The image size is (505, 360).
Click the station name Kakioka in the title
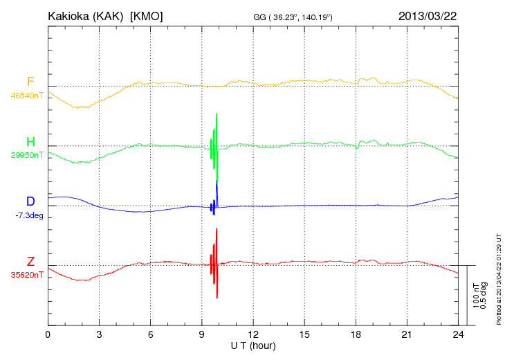(71, 16)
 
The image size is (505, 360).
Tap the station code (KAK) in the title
(112, 16)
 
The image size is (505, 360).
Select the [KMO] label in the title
(147, 16)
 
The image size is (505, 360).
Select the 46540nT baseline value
(27, 96)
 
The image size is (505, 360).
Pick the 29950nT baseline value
(27, 155)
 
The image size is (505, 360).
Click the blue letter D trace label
(30, 201)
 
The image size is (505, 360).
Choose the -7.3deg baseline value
(29, 215)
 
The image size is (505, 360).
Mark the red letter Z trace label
(30, 262)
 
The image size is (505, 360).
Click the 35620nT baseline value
(27, 275)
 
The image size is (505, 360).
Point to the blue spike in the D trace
(217, 186)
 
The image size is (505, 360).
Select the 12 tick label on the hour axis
(253, 334)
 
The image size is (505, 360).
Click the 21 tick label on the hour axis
(407, 334)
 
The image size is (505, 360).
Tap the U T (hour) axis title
(253, 345)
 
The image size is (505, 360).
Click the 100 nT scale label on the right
(476, 295)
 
